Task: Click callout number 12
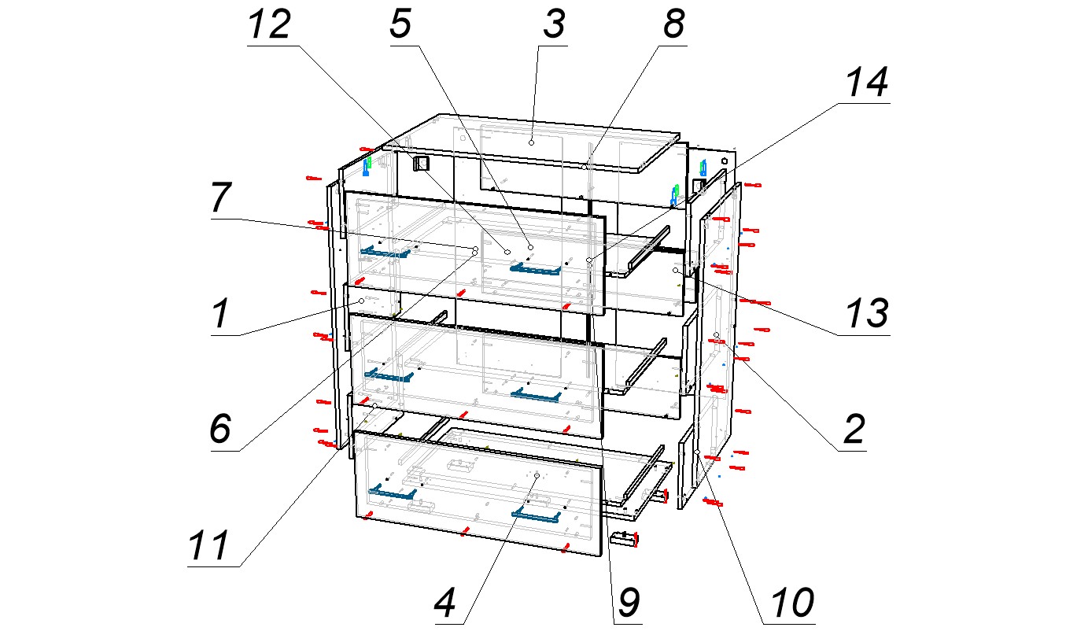270,24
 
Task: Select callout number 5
400,24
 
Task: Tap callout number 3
555,24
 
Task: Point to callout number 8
673,24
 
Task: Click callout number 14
867,83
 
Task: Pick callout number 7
222,197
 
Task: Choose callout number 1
222,313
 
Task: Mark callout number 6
221,429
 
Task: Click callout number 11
208,545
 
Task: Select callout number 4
444,603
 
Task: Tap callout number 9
629,603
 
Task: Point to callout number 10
792,603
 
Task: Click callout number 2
854,429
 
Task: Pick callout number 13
867,313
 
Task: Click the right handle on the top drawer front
535,269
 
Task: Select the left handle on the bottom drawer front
393,493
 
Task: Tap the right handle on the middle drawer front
536,395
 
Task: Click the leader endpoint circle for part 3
531,142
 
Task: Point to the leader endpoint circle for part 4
537,475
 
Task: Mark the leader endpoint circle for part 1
362,301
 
